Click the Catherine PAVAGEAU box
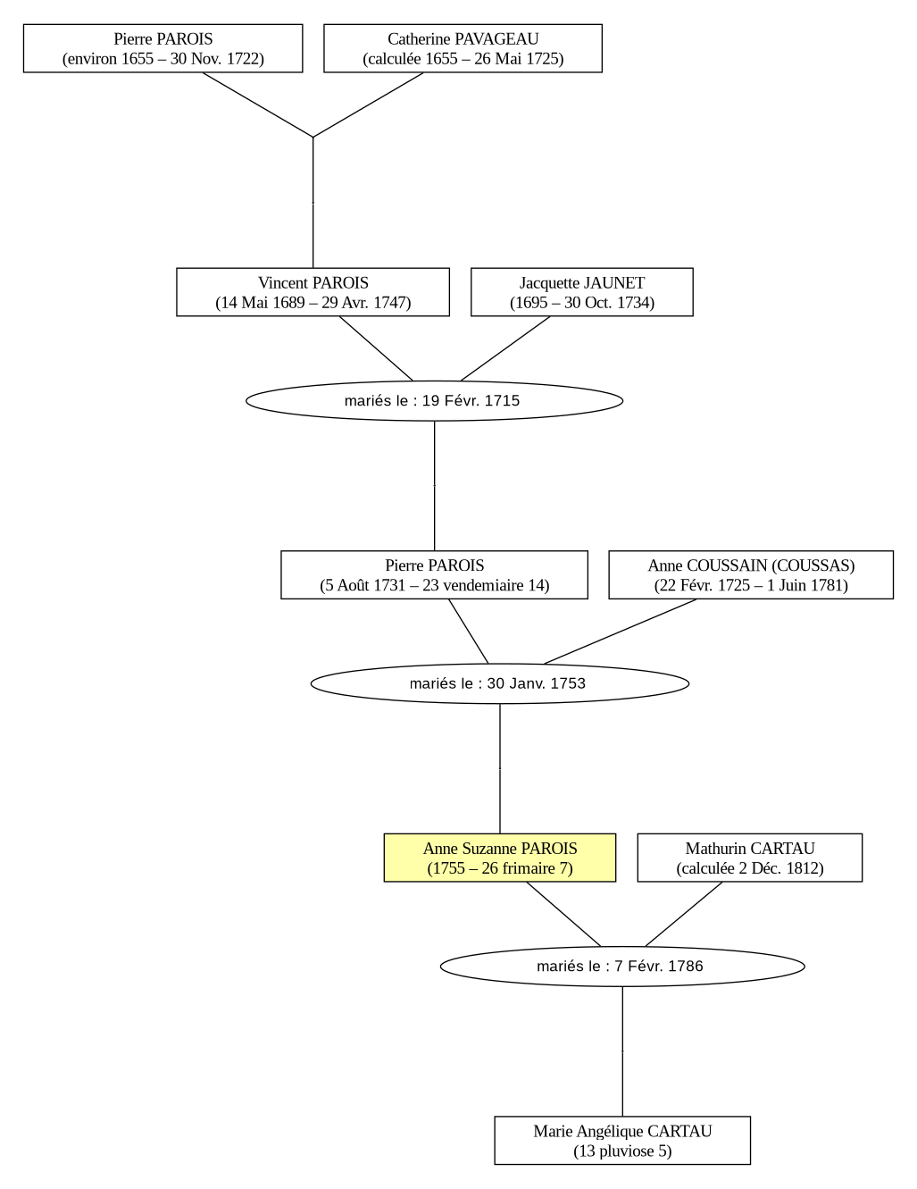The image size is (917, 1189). (463, 48)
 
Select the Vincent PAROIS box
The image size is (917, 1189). (313, 291)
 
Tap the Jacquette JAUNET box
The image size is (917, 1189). (582, 291)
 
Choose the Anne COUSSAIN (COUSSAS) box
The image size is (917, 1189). (751, 574)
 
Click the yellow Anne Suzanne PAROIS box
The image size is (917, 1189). (500, 858)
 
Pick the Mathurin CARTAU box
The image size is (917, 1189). (750, 858)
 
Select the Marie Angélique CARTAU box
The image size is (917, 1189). (622, 1140)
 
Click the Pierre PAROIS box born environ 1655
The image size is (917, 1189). (163, 48)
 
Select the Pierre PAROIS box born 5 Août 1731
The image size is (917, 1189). (434, 574)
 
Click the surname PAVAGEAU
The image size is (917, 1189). (496, 38)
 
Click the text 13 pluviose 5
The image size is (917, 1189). (622, 1151)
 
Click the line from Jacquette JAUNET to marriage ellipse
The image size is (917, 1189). (505, 348)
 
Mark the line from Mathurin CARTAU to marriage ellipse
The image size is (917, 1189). (684, 915)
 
